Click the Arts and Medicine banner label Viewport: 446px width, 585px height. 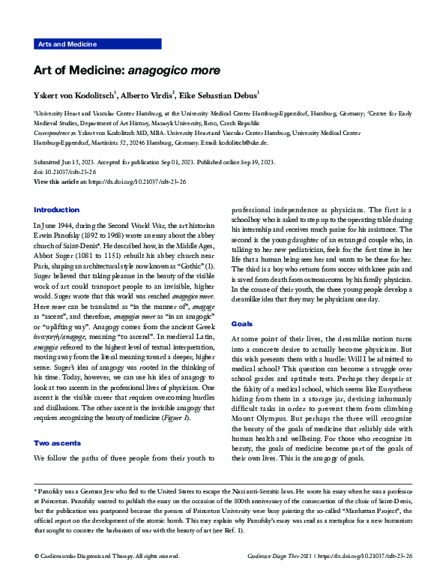tap(67, 44)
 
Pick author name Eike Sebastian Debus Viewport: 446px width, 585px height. tap(219, 94)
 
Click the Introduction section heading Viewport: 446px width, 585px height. tap(56, 209)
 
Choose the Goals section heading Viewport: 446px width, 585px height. tap(242, 323)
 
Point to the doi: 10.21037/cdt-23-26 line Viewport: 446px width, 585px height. tap(66, 172)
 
